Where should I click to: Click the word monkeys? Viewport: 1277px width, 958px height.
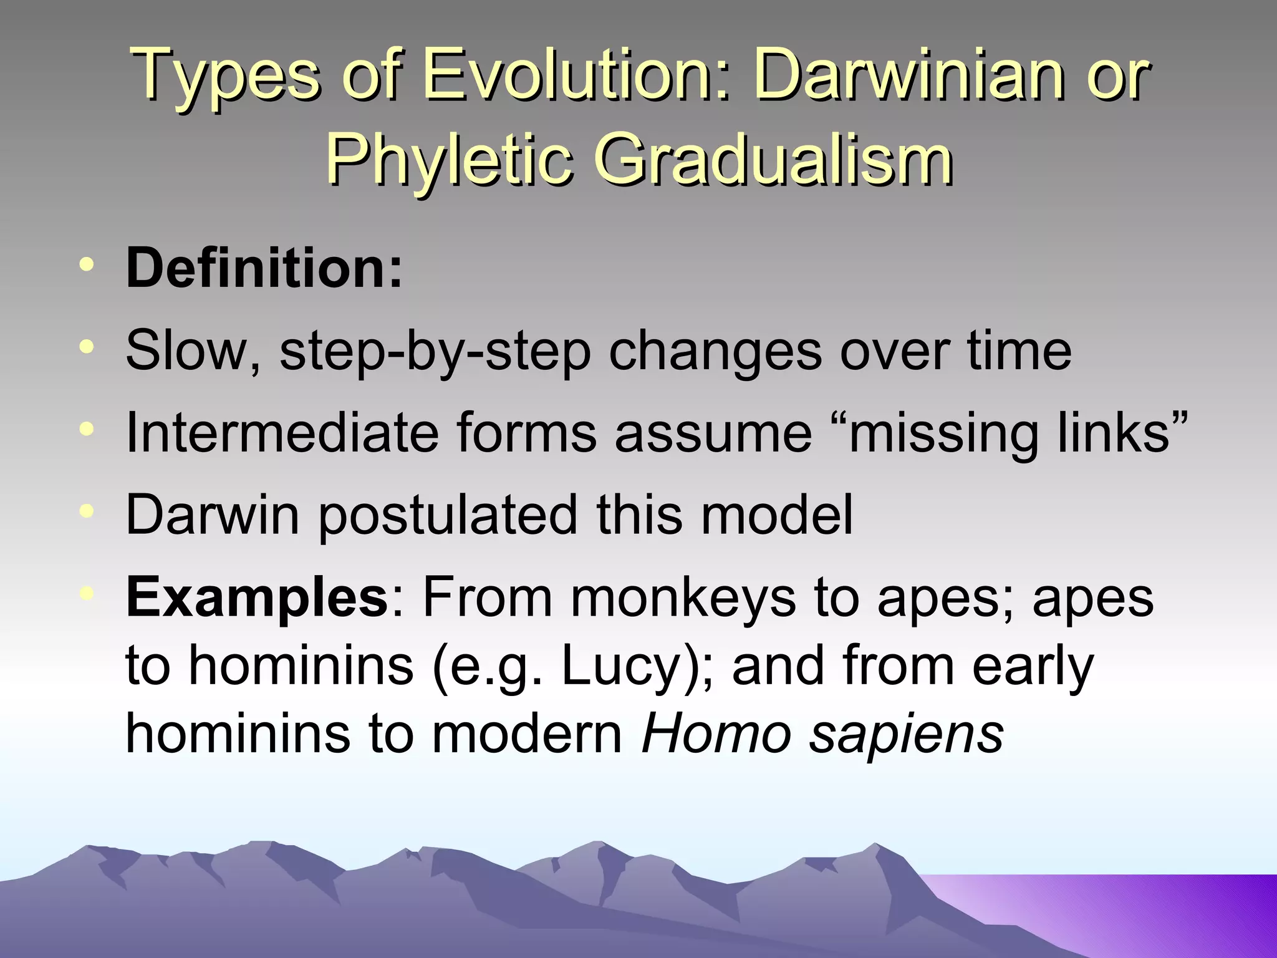683,598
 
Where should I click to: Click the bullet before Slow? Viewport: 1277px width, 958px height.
87,346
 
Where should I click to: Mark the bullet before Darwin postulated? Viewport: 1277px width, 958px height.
87,511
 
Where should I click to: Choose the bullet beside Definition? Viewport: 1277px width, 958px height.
87,264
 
